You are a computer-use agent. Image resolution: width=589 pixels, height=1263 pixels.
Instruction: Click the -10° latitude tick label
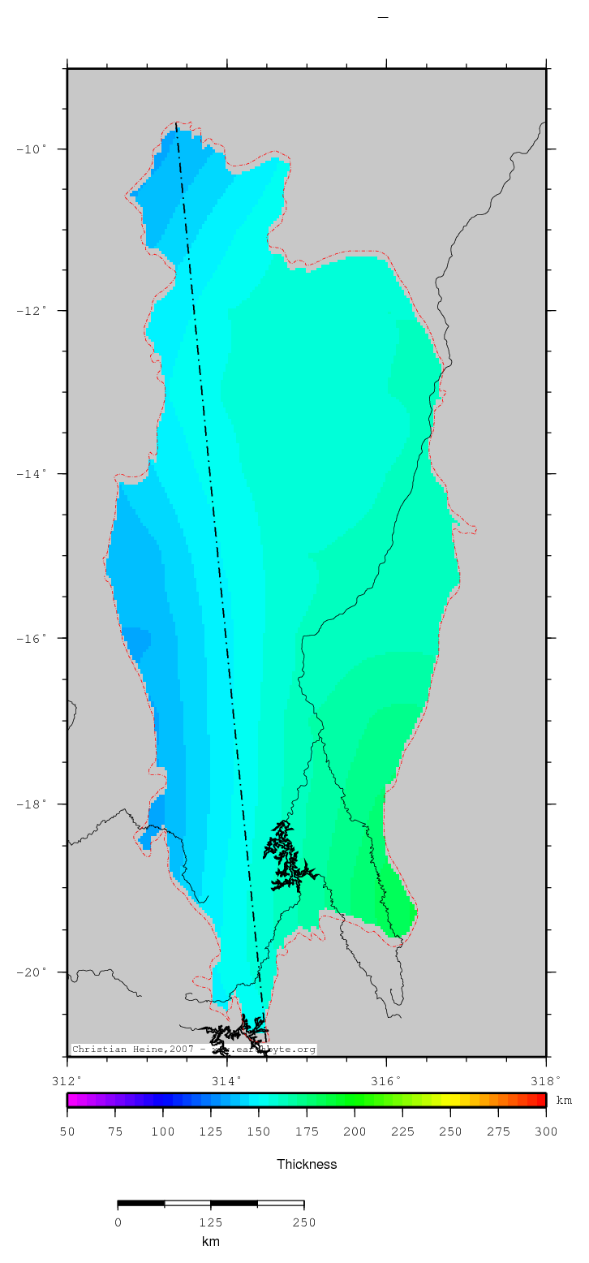(x=35, y=149)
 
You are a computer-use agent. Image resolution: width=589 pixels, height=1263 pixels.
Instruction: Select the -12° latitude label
(x=35, y=311)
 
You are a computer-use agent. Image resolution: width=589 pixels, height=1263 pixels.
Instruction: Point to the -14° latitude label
(x=35, y=474)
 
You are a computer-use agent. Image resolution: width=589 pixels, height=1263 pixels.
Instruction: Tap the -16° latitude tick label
(x=35, y=638)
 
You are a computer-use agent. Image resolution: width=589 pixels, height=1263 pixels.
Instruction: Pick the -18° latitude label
(x=35, y=804)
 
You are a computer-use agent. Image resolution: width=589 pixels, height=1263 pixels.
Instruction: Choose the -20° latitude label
(x=35, y=972)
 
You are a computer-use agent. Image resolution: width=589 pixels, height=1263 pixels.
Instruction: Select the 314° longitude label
(x=227, y=1080)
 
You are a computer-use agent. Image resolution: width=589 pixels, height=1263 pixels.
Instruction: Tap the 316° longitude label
(x=386, y=1080)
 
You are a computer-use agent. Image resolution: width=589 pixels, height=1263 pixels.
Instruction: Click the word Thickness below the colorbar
(x=307, y=1164)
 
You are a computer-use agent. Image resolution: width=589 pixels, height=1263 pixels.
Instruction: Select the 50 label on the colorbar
(x=67, y=1132)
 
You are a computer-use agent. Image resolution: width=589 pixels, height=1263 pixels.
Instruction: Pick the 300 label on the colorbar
(x=546, y=1132)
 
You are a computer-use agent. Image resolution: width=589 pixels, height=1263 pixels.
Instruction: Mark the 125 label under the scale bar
(x=211, y=1222)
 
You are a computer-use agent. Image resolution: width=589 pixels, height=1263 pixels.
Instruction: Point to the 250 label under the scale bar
(x=303, y=1222)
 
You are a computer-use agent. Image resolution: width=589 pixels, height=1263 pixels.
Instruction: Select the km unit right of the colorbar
(x=564, y=1101)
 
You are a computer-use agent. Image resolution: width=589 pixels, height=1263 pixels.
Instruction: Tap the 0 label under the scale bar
(x=118, y=1222)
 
